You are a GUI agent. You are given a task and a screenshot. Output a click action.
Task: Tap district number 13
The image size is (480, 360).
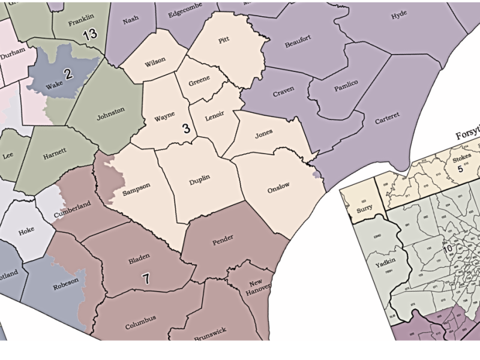point(90,34)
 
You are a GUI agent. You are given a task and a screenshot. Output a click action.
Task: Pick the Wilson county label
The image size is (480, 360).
point(155,61)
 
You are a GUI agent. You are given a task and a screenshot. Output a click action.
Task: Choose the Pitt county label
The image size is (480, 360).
point(224,40)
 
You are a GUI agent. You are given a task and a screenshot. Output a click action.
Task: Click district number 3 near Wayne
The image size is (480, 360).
point(186,128)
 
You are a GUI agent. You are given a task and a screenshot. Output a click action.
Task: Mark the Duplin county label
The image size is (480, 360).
point(200,180)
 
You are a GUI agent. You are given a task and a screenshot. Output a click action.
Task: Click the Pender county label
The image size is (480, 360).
point(223,239)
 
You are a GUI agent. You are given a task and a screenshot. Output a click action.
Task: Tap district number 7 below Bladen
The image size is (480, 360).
point(145,278)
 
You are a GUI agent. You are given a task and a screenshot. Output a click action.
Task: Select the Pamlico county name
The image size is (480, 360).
point(346,82)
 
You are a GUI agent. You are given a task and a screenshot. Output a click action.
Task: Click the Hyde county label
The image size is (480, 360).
point(399,16)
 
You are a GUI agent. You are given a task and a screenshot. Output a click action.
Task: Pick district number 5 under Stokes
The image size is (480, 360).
point(461,169)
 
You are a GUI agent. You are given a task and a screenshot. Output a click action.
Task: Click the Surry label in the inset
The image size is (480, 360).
point(364,208)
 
